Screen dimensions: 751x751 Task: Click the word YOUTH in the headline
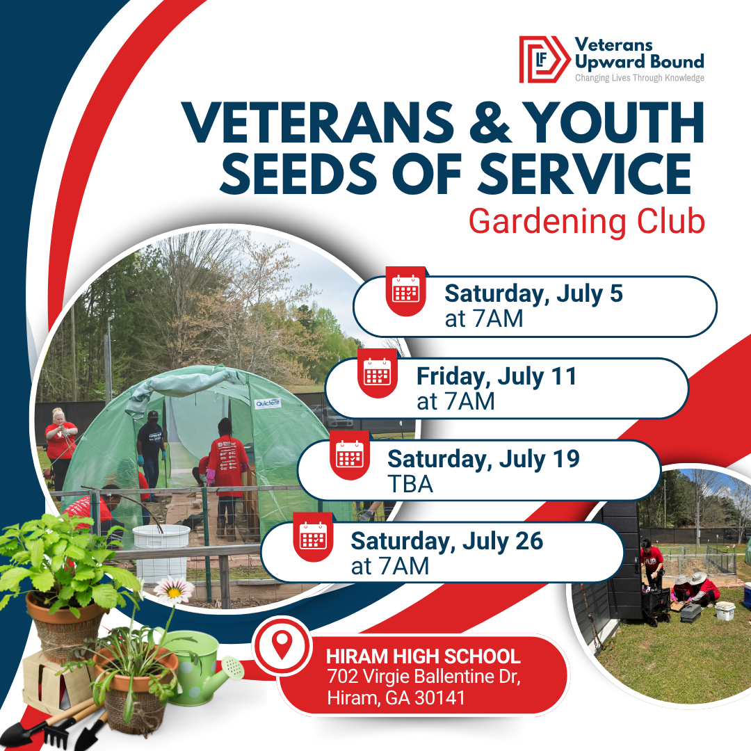coord(613,122)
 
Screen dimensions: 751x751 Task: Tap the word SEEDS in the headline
coord(299,174)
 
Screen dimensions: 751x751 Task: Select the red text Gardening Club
coord(587,223)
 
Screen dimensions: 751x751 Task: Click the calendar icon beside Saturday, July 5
coord(405,291)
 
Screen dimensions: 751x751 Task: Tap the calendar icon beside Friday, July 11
coord(378,373)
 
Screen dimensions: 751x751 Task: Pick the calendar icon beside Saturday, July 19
coord(350,455)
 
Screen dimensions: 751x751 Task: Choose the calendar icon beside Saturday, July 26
coord(313,538)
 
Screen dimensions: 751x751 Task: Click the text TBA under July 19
coord(410,484)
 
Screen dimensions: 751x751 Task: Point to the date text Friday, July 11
coord(496,377)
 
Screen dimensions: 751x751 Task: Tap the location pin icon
coord(282,645)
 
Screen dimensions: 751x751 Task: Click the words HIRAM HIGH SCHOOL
coord(423,656)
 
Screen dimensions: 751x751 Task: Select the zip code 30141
coord(439,697)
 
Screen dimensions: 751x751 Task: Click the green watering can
coord(202,665)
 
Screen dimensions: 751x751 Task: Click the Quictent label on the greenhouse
coord(268,403)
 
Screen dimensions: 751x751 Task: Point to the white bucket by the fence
coord(161,551)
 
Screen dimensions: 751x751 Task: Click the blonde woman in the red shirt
coord(60,446)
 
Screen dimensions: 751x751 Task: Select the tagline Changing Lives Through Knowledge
coord(640,78)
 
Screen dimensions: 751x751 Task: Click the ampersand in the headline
coord(490,122)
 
